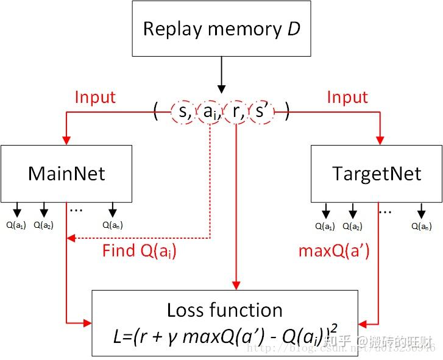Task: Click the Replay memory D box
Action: tap(221, 29)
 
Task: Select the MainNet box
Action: tap(66, 174)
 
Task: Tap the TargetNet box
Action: tap(376, 174)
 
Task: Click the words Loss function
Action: tap(224, 310)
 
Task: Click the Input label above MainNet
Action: tap(95, 97)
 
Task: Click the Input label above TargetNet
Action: tap(347, 97)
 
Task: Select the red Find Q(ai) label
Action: tap(139, 250)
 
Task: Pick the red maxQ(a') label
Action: tap(334, 250)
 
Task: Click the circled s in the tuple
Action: tap(182, 111)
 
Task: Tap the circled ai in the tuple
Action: tap(209, 112)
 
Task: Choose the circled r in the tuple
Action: tap(235, 111)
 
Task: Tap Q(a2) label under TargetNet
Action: tap(353, 226)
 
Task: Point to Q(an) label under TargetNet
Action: tap(422, 226)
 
